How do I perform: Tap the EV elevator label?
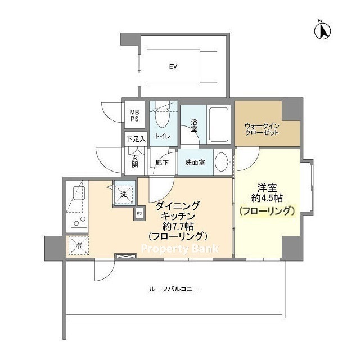(x=173, y=66)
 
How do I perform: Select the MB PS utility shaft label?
(x=134, y=115)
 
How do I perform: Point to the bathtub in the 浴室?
(x=219, y=124)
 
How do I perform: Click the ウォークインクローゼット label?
(x=262, y=129)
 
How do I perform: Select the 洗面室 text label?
(x=195, y=163)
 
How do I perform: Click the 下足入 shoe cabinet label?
(x=136, y=139)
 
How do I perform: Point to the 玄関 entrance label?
(x=135, y=161)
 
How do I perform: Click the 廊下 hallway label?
(x=162, y=163)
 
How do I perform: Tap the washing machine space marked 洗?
(x=124, y=192)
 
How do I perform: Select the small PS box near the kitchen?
(x=139, y=213)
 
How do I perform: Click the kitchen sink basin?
(x=79, y=193)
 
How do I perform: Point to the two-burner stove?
(x=79, y=220)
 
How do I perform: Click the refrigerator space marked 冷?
(x=78, y=245)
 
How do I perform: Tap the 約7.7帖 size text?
(x=178, y=227)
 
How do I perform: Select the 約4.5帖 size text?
(x=267, y=197)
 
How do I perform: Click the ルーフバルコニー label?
(x=174, y=289)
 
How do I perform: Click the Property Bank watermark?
(x=180, y=249)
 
